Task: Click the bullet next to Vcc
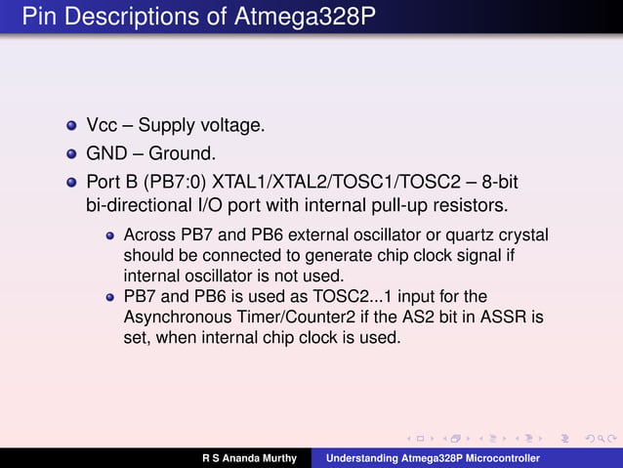point(70,127)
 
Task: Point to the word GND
point(105,153)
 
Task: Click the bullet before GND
point(70,154)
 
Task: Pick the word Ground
point(181,153)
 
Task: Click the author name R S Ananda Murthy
point(249,458)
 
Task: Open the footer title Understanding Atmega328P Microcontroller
point(433,458)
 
